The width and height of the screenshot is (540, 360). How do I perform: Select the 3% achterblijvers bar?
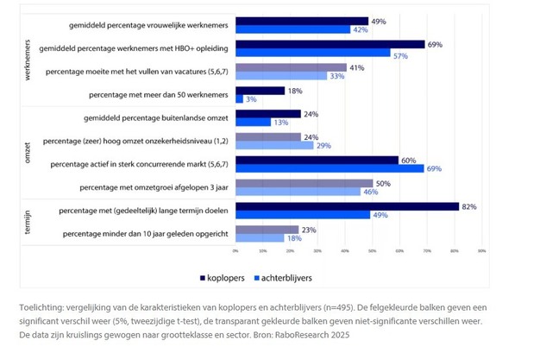pos(239,99)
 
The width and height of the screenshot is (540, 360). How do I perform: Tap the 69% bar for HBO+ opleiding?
pos(330,43)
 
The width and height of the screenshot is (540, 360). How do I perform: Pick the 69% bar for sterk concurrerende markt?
pos(330,168)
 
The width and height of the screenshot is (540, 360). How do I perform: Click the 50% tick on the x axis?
pos(372,251)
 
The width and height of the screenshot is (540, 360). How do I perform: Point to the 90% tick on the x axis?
pos(481,251)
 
